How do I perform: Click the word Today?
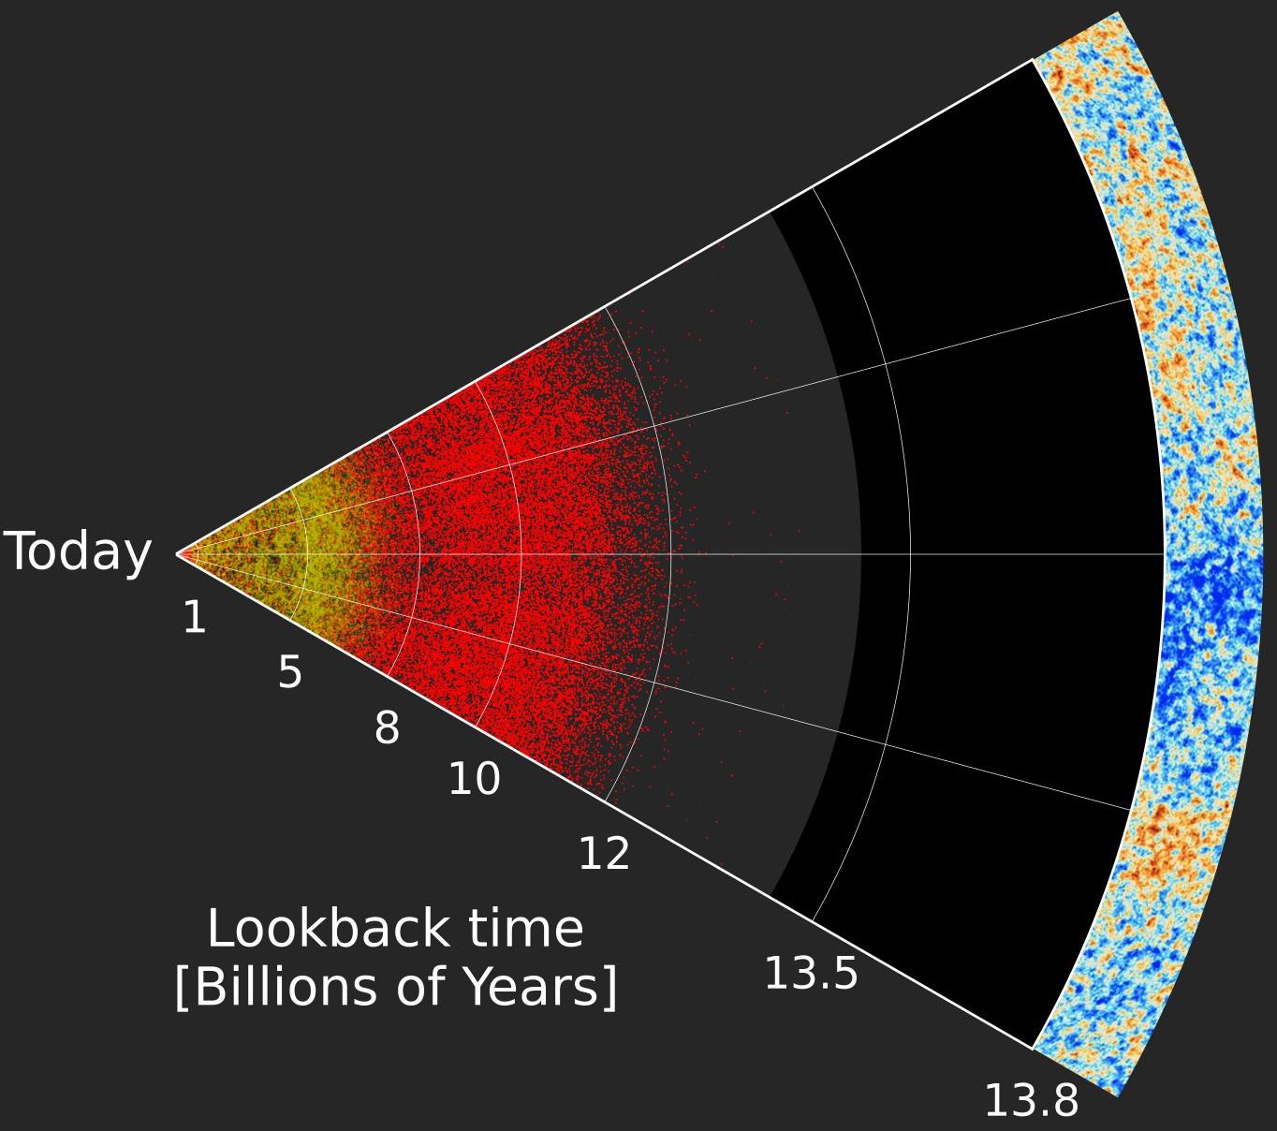(79, 551)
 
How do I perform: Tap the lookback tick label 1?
(194, 618)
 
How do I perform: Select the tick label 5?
(290, 673)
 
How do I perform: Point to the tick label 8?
(387, 728)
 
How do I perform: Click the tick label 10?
(474, 779)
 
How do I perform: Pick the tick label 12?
(604, 854)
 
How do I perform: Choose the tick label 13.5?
(811, 974)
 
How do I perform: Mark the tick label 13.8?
(1031, 1101)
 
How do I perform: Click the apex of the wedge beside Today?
(177, 554)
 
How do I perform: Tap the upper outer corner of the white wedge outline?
(1033, 60)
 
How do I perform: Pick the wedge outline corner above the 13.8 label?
(1033, 1049)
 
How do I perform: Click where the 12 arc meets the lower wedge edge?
(606, 802)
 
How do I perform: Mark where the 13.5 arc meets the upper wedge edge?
(813, 187)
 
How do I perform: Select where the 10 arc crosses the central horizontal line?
(521, 554)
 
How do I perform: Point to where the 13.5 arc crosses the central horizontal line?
(910, 554)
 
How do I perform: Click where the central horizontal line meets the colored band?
(1164, 554)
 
